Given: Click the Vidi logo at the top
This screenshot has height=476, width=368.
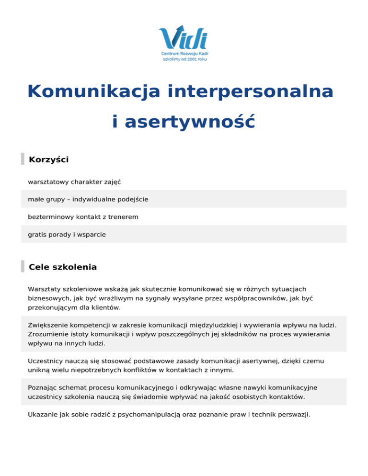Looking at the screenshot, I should (x=184, y=37).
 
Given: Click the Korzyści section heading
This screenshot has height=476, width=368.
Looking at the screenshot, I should (x=49, y=159).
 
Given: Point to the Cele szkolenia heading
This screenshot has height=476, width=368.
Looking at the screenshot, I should (x=63, y=267).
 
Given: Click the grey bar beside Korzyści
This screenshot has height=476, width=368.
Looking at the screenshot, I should (x=23, y=159).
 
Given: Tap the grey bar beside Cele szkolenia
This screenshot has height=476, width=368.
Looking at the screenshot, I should (x=23, y=267).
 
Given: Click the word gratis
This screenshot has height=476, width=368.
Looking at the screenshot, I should (x=37, y=235).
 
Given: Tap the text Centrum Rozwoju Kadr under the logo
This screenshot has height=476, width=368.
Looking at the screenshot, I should (x=184, y=55).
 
